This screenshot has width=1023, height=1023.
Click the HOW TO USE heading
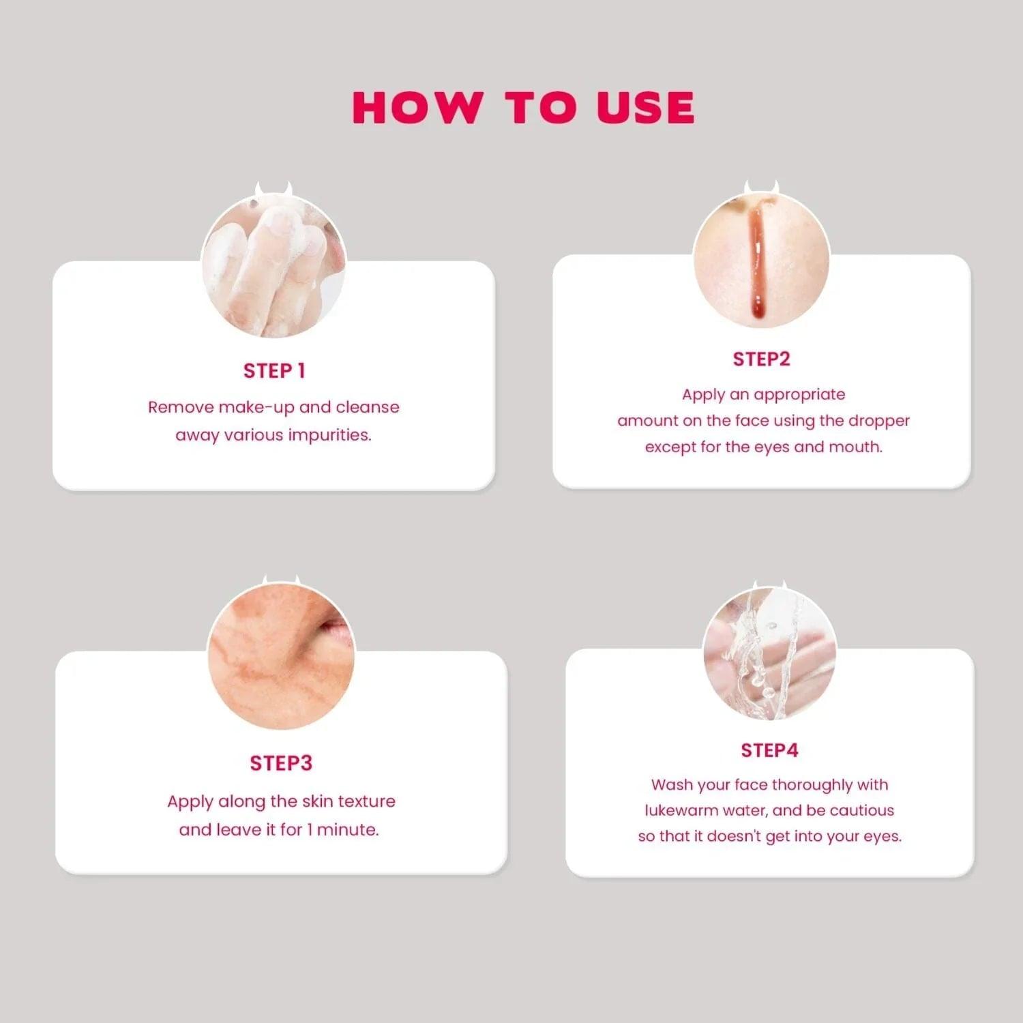point(523,108)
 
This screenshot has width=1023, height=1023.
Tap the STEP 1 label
point(274,371)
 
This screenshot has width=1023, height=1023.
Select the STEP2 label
point(761,359)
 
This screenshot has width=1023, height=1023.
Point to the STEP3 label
point(281,763)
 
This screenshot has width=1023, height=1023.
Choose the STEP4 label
point(769,751)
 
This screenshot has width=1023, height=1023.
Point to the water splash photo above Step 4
point(769,654)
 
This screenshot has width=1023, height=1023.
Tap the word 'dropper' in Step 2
point(878,421)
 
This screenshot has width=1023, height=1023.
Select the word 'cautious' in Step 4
point(861,811)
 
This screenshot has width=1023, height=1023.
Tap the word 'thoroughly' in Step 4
point(812,786)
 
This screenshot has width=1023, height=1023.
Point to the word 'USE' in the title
point(645,108)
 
